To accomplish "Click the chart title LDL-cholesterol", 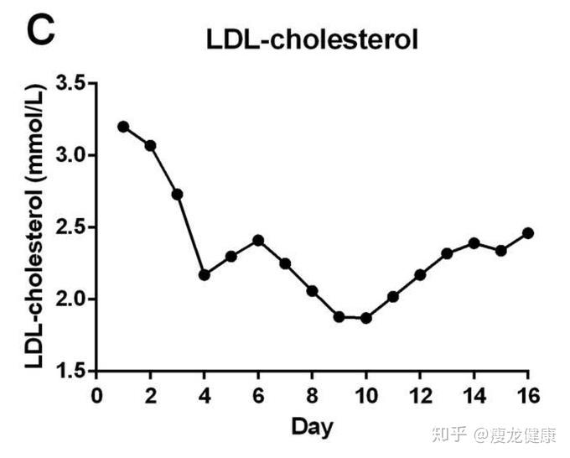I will point(313,39).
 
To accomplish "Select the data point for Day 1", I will point(123,127).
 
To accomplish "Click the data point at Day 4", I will point(205,274).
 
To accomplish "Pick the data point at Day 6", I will point(258,240).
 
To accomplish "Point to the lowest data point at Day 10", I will point(365,318).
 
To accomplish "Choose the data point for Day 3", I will point(177,194).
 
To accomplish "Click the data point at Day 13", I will point(447,253).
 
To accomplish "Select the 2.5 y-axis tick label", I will point(70,227).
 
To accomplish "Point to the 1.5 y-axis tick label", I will point(70,371).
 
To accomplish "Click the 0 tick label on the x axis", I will point(96,395).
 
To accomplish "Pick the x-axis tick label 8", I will point(312,395).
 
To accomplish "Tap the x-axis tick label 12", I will point(420,395).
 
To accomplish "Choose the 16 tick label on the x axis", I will point(527,395).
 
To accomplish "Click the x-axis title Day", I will point(312,426).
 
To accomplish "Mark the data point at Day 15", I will point(501,251).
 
